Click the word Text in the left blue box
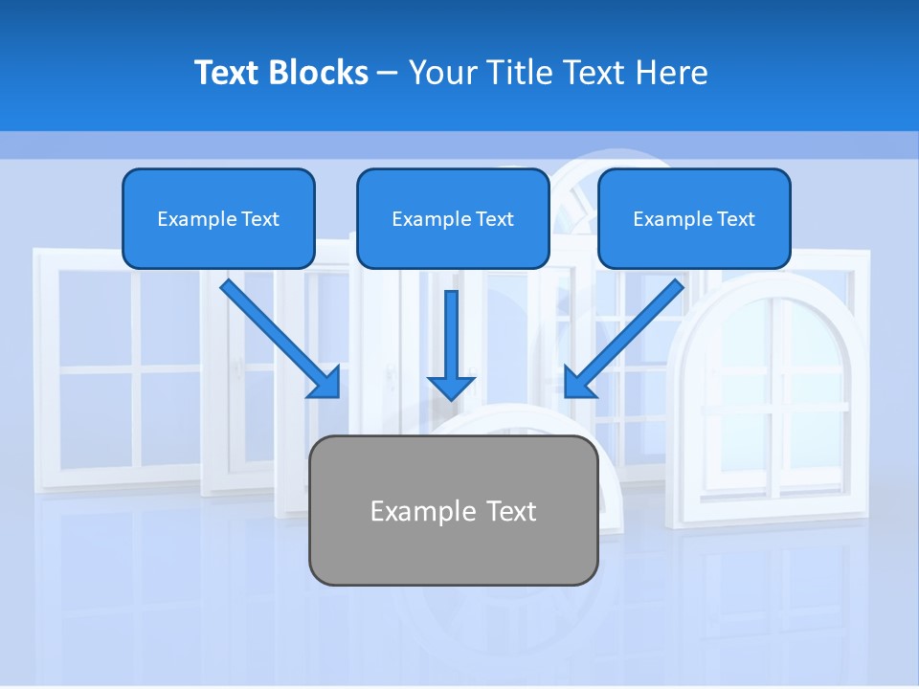point(260,219)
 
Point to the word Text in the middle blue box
point(495,219)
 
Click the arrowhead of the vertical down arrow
point(451,388)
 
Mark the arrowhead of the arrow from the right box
point(577,385)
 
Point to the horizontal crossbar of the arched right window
point(775,408)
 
